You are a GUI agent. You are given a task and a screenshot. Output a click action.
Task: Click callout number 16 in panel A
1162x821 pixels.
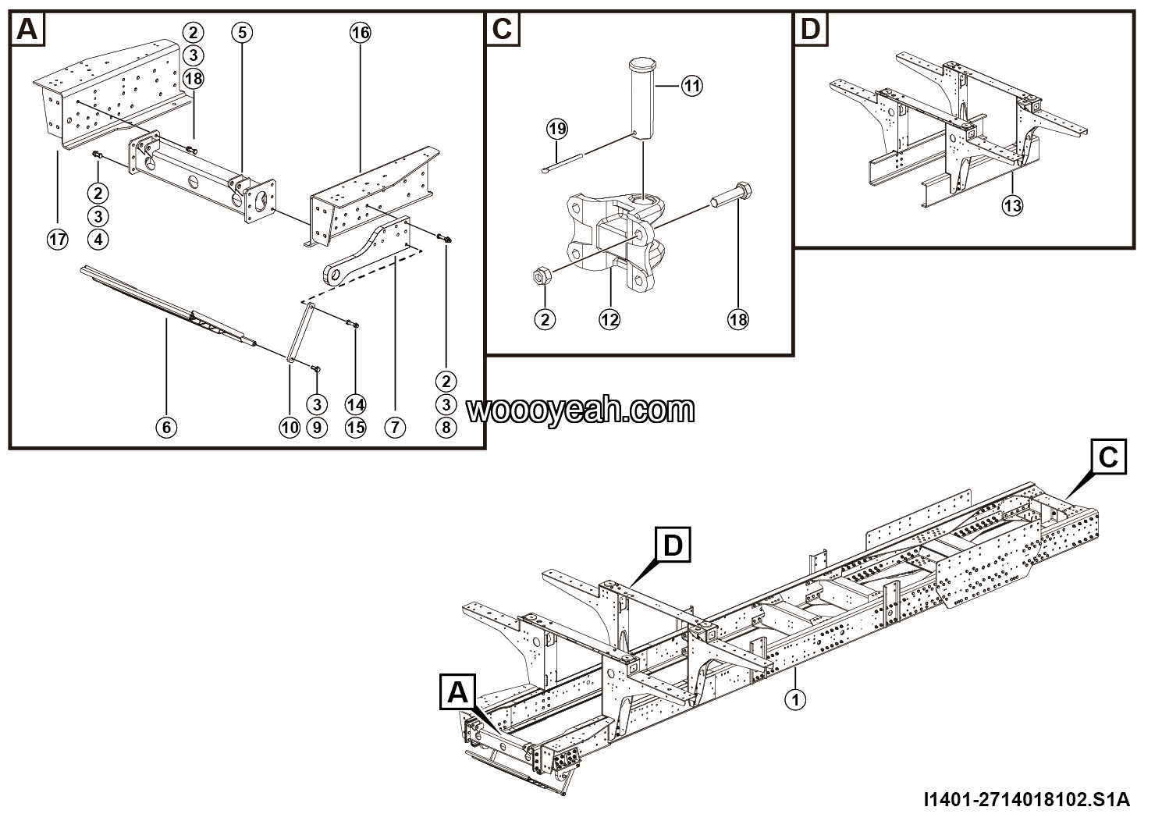360,32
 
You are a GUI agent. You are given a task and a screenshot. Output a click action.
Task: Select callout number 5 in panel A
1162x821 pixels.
242,32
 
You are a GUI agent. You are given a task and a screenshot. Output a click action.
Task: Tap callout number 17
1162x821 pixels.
57,240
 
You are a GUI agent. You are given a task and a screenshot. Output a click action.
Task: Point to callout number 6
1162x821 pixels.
166,427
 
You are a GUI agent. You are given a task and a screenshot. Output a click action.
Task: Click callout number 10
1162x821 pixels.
290,427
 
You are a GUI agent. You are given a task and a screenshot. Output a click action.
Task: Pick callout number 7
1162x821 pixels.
395,427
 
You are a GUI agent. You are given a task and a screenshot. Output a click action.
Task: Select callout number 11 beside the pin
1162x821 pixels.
691,86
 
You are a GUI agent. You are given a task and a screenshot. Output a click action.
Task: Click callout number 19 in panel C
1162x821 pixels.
556,129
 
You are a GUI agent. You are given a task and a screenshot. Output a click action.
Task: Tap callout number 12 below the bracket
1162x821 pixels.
609,318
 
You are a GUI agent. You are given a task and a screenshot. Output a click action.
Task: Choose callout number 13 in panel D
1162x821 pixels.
1012,205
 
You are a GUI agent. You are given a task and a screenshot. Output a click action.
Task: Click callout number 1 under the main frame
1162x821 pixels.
795,699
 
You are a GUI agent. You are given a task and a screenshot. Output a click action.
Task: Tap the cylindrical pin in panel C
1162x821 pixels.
642,98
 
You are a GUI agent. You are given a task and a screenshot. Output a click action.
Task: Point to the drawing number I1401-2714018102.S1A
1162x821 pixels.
1025,800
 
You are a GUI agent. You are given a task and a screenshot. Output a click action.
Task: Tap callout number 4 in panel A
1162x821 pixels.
98,240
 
